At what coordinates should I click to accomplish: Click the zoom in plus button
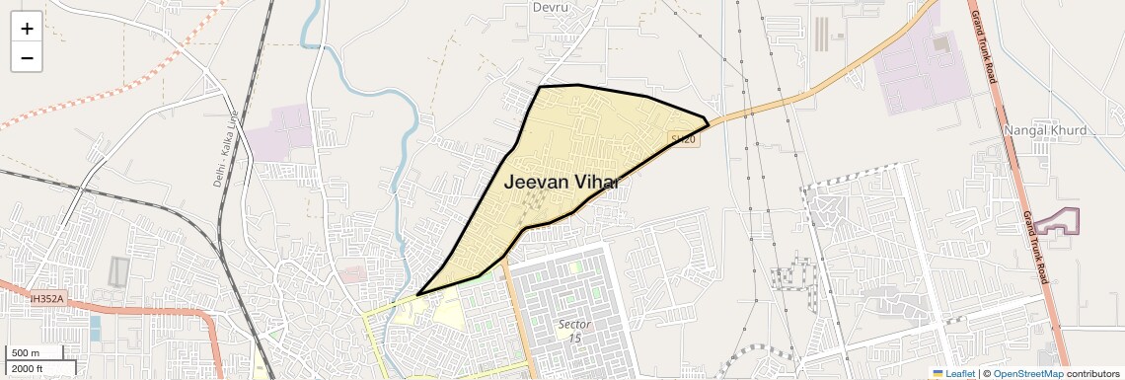(x=27, y=29)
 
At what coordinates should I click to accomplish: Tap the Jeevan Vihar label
(x=561, y=182)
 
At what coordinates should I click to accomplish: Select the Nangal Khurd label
(x=1045, y=130)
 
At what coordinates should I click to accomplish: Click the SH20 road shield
(x=683, y=140)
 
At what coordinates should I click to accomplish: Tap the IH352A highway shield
(x=45, y=298)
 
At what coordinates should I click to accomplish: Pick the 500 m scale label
(x=26, y=353)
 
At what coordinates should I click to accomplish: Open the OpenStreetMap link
(x=1027, y=373)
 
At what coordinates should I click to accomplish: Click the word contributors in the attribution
(x=1092, y=373)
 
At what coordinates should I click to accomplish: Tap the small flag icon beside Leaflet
(x=938, y=373)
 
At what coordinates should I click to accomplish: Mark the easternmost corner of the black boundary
(x=709, y=122)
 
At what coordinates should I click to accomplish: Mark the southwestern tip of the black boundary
(x=418, y=294)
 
